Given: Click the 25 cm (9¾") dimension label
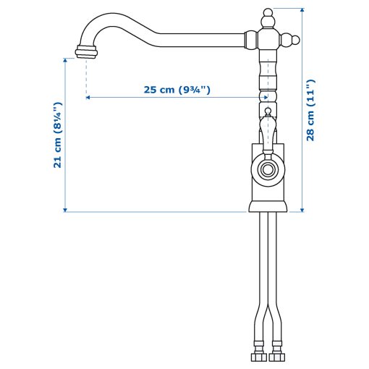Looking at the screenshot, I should pyautogui.click(x=177, y=90).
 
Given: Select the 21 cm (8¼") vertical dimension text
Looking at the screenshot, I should pyautogui.click(x=58, y=135).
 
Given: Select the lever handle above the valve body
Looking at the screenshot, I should pyautogui.click(x=267, y=131).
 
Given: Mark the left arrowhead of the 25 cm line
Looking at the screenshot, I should pyautogui.click(x=88, y=96).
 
